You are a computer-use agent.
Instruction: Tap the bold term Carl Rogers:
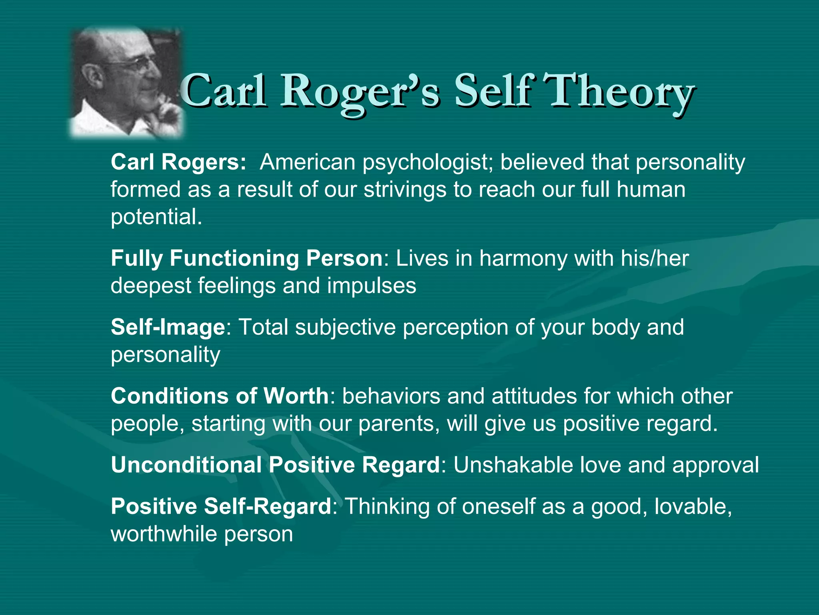pyautogui.click(x=178, y=162)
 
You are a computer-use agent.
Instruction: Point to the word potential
pyautogui.click(x=156, y=217)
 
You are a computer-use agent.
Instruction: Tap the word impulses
pyautogui.click(x=372, y=286)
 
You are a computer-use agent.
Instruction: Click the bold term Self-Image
pyautogui.click(x=168, y=327)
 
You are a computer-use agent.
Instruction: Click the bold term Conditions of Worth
pyautogui.click(x=220, y=396)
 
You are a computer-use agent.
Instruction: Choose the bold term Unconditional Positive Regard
pyautogui.click(x=275, y=465)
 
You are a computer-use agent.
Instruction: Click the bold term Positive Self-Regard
pyautogui.click(x=221, y=506)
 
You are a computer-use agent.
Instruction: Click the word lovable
pyautogui.click(x=692, y=506)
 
